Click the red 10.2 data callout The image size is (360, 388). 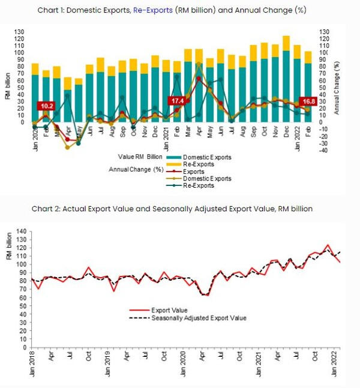46,106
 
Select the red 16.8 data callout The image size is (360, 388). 307,101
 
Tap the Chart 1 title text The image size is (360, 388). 181,10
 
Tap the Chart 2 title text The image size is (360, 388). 180,208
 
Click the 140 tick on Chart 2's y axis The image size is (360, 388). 22,231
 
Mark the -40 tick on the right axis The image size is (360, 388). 326,150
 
